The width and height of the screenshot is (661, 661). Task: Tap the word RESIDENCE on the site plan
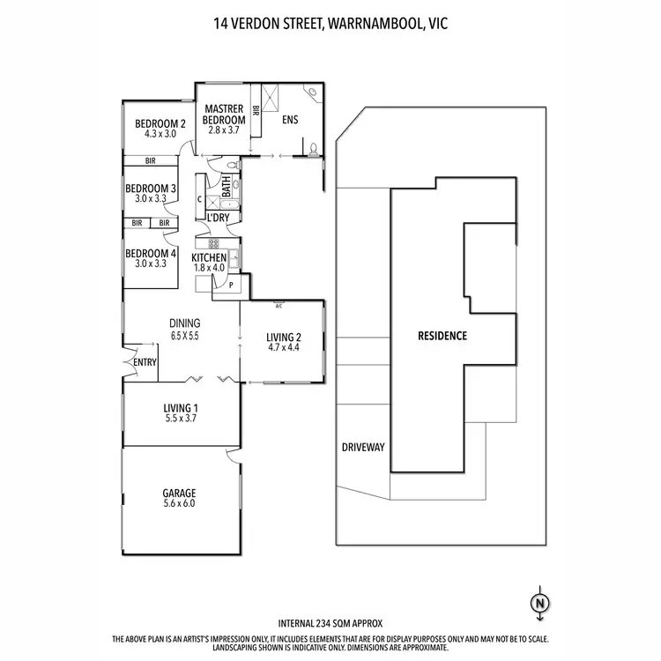(x=442, y=336)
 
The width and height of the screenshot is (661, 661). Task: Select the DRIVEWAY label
(x=363, y=448)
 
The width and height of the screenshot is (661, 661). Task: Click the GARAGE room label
(x=179, y=493)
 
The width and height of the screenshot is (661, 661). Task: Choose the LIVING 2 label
(x=284, y=336)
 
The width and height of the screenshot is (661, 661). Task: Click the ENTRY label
(x=143, y=362)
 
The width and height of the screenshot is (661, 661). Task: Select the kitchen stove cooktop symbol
(x=212, y=243)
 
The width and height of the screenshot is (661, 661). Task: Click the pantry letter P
(x=231, y=286)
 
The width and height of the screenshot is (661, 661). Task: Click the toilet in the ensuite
(x=313, y=147)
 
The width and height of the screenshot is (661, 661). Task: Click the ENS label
(x=290, y=122)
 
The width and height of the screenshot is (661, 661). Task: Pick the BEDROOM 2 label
(x=160, y=123)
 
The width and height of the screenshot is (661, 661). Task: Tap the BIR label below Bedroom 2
(x=151, y=161)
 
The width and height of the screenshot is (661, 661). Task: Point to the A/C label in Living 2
(x=278, y=306)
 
